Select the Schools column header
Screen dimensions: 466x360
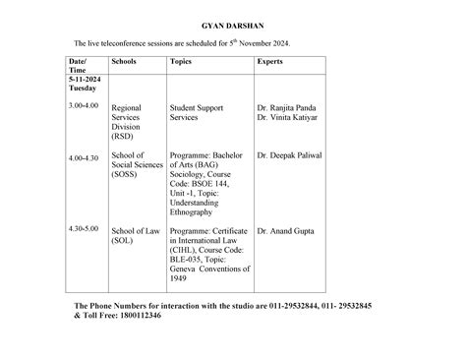point(126,61)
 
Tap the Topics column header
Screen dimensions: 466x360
point(181,61)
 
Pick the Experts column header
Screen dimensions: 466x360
point(271,61)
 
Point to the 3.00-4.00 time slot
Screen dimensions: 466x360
point(84,104)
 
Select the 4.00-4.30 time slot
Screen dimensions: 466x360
point(84,157)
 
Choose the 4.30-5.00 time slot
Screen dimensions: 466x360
point(84,228)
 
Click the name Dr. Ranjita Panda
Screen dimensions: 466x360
point(289,107)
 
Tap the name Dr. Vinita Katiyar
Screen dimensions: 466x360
point(291,117)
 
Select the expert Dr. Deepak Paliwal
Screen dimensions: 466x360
point(289,155)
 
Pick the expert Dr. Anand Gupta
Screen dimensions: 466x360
point(286,230)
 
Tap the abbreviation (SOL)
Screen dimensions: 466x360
point(124,240)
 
